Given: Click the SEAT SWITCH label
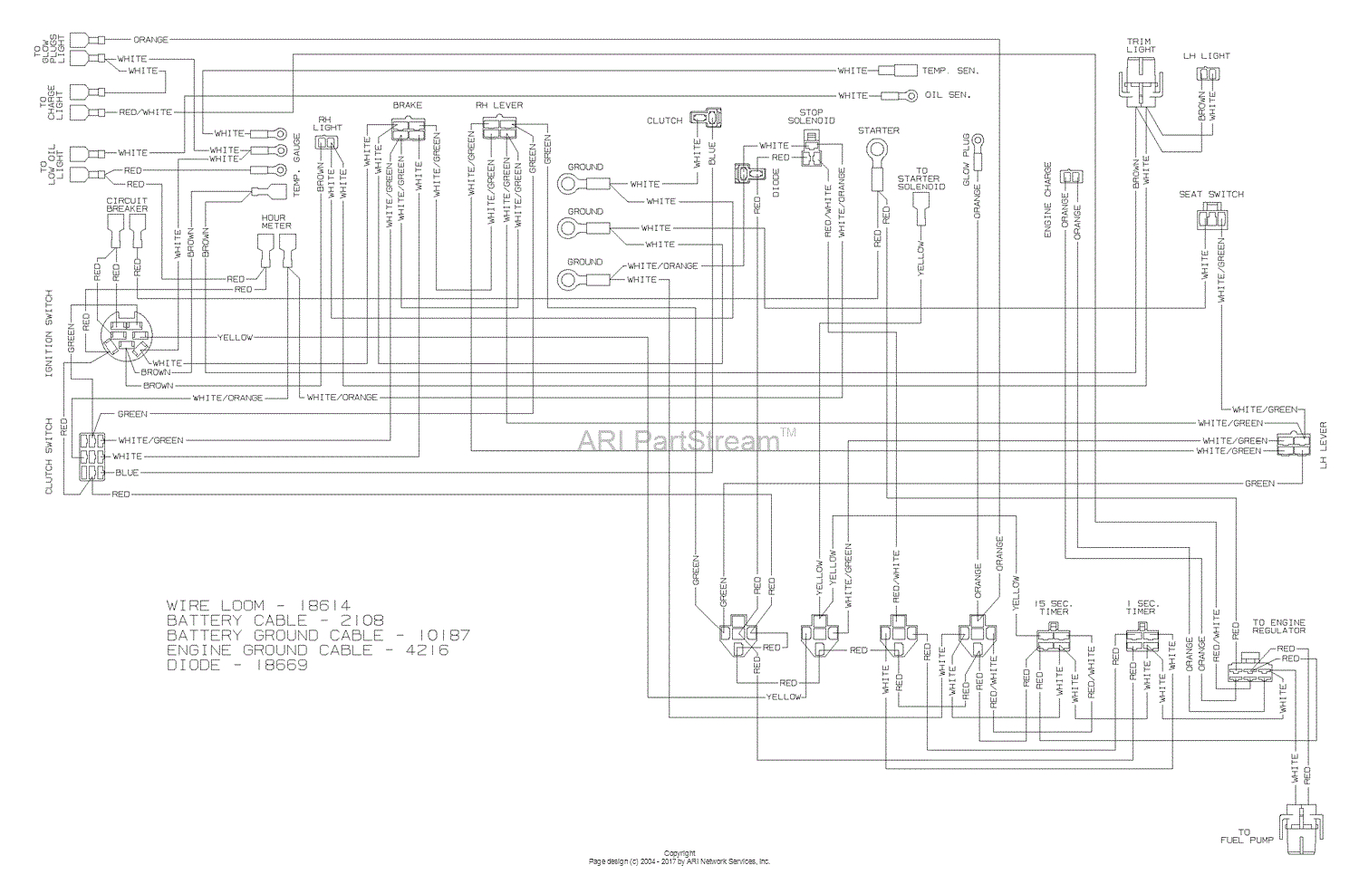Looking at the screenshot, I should pos(1211,194).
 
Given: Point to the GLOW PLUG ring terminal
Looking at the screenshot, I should pos(978,142).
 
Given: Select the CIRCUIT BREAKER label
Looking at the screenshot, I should pos(127,204).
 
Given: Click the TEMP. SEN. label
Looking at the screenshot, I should pos(950,71).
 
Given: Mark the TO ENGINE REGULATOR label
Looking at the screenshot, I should pos(1279,626).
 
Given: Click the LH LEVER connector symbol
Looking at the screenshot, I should pos(1293,445).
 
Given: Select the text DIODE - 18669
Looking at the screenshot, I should pos(236,665).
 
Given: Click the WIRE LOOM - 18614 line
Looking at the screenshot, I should pos(257,605).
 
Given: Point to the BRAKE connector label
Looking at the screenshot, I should pos(407,106).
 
